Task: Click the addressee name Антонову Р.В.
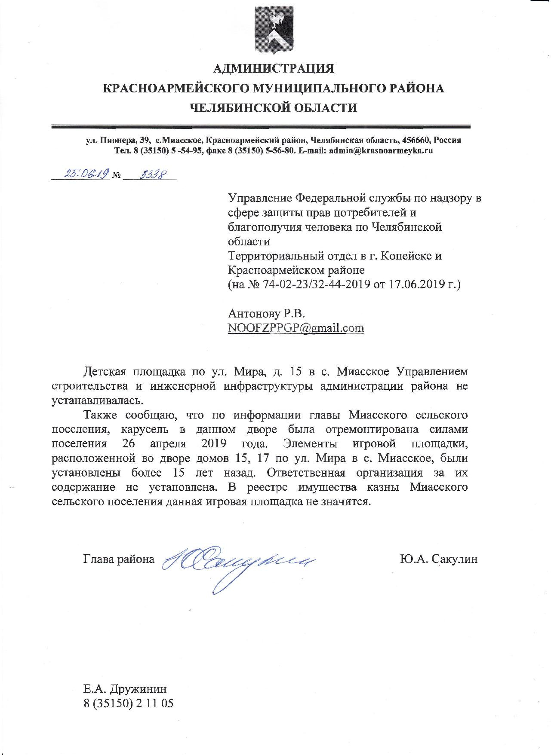(x=266, y=313)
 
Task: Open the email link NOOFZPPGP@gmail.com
(x=296, y=328)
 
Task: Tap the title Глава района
(x=119, y=559)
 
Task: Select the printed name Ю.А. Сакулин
(x=438, y=559)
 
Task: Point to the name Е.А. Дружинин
(x=125, y=689)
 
